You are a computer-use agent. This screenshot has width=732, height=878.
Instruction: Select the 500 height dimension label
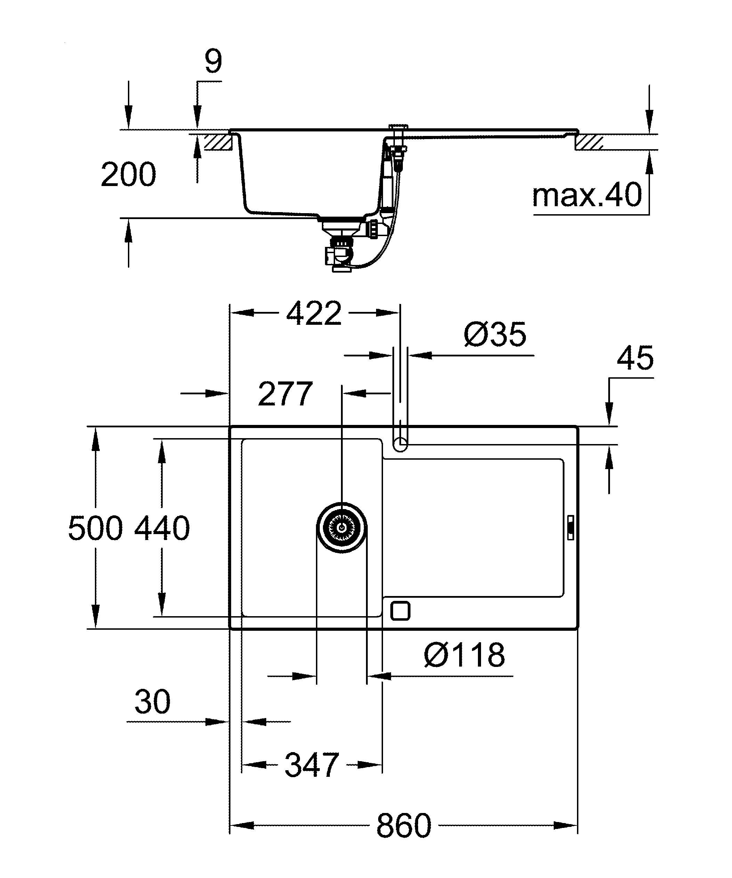click(95, 528)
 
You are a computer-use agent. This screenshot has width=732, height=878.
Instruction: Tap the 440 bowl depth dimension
click(162, 528)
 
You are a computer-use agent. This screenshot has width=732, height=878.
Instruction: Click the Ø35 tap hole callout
click(495, 335)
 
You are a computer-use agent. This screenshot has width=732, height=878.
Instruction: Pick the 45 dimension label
click(635, 358)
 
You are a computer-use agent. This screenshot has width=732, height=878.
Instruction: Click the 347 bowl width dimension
click(312, 765)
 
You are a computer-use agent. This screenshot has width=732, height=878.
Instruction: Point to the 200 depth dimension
click(128, 175)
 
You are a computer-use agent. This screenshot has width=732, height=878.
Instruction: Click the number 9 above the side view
click(213, 62)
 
